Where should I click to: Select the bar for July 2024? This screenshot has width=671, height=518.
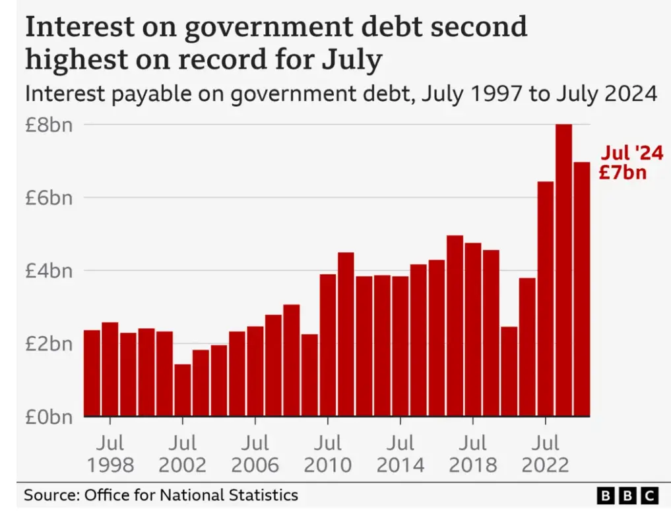[581, 289]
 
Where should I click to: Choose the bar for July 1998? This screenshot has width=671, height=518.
[110, 369]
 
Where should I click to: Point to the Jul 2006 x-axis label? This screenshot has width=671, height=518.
[255, 453]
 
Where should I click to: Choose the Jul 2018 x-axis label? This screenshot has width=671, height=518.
[472, 453]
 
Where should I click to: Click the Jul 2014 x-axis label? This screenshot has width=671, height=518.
[400, 453]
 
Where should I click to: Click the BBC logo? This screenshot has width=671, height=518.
[627, 496]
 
